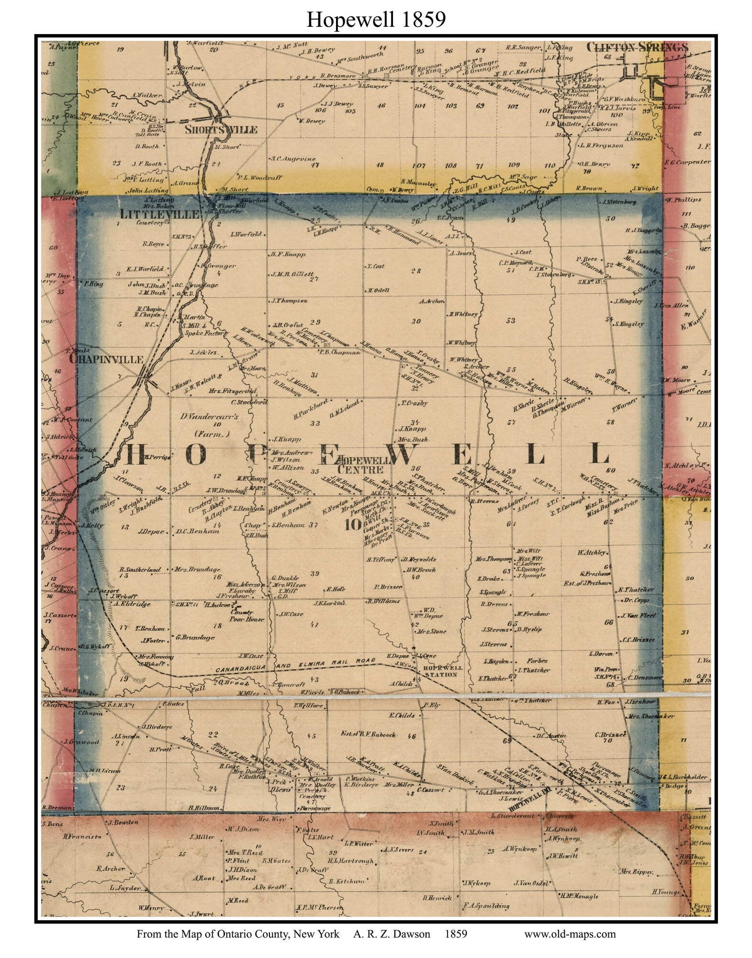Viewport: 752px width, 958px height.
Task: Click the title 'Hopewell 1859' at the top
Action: [x=376, y=20]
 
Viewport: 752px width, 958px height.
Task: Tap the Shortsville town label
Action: [x=221, y=130]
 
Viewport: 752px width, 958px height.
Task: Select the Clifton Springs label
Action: [x=637, y=47]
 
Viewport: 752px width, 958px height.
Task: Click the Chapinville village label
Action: [x=106, y=359]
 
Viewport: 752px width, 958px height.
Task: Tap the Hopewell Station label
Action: [x=438, y=671]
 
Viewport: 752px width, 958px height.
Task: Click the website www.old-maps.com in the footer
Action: [x=570, y=934]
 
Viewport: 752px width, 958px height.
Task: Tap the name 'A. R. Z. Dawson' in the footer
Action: [x=392, y=934]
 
